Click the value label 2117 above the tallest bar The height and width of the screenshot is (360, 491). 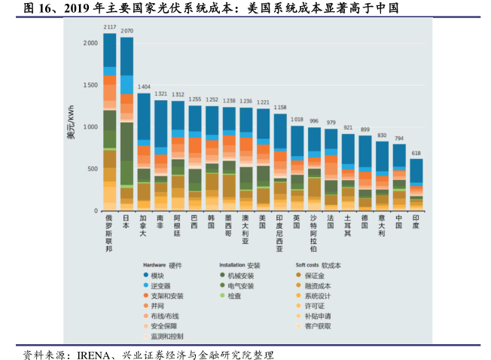point(110,27)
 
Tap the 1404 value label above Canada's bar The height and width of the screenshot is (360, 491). point(144,87)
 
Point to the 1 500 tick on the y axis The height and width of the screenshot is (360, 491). point(89,85)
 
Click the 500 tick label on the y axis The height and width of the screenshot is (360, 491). point(92,169)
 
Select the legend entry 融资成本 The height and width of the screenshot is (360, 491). point(318,286)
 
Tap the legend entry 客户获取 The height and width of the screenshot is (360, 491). point(318,326)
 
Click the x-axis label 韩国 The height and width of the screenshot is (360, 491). point(212,221)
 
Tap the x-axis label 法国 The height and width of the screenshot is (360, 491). point(331,221)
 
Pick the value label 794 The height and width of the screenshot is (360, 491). point(399,139)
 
